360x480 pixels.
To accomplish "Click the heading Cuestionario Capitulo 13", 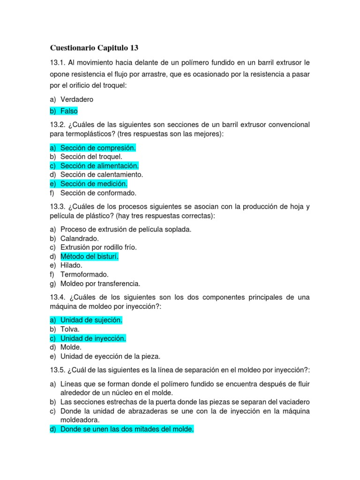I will [94, 48].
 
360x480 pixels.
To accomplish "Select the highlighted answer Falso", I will [69, 111].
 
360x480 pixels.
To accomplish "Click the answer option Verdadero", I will [77, 99].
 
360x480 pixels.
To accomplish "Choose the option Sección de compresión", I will [98, 148].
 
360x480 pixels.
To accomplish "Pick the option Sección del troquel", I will [91, 157].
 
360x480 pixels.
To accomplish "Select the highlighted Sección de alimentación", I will [99, 166].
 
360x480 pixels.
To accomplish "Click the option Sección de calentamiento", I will [102, 175].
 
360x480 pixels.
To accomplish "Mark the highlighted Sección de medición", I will [94, 184].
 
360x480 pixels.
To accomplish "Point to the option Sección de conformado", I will [98, 193].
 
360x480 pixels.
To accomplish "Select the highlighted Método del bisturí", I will [90, 256].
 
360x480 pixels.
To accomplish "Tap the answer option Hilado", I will [71, 265].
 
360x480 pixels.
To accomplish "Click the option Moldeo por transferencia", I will [100, 284].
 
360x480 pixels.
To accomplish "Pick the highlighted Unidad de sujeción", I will [91, 320].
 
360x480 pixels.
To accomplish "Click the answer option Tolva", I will [70, 329].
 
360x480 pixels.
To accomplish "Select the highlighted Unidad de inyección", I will [93, 338].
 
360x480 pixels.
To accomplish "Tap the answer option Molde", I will [71, 347].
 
